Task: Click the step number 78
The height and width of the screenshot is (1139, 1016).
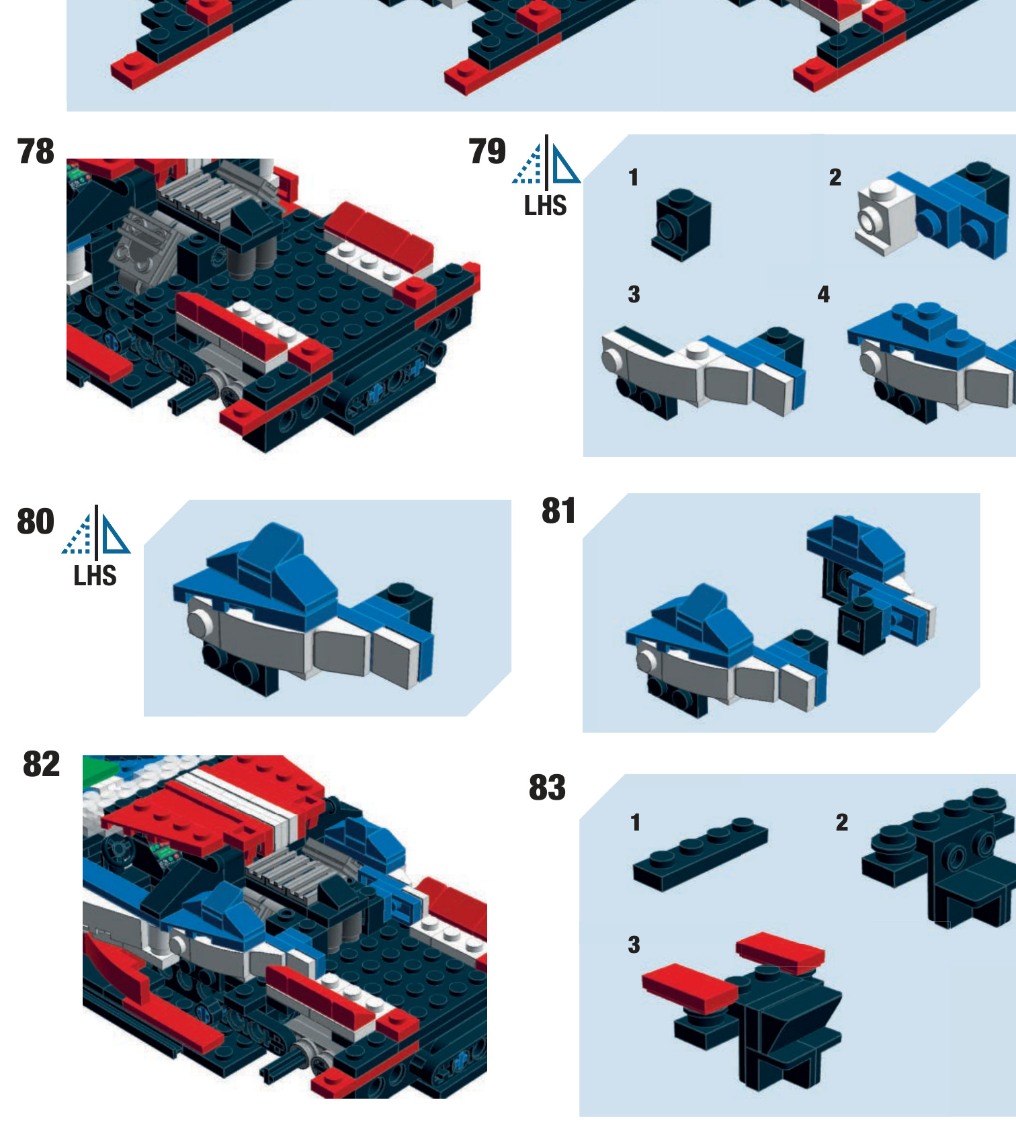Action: (36, 151)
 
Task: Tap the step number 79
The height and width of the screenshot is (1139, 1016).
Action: (487, 151)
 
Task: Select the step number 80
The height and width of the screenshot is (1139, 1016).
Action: (36, 521)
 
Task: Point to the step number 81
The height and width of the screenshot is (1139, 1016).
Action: (558, 511)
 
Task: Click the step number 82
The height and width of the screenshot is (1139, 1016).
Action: (42, 764)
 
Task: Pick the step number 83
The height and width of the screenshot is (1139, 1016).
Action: (547, 788)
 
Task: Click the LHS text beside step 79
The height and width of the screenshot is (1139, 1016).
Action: (545, 206)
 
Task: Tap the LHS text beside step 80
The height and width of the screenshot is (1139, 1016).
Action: (95, 576)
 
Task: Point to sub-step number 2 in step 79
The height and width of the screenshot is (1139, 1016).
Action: (835, 177)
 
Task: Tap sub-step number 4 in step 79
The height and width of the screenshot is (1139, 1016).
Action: (823, 294)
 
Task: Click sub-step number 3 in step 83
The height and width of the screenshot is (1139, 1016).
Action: (634, 945)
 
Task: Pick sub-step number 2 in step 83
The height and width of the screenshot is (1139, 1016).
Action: (841, 822)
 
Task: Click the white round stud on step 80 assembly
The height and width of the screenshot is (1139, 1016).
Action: (198, 622)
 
